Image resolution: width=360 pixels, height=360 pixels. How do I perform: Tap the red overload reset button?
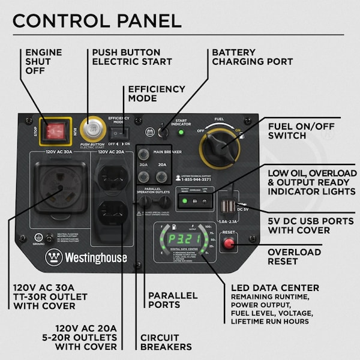229,244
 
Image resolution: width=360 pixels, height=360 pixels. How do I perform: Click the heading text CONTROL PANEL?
97,20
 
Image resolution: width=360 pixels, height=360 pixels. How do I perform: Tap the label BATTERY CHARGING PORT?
252,57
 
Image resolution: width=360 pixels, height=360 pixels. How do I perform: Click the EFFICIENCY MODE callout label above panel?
157,94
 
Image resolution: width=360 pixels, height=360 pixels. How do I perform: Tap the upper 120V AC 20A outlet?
112,178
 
